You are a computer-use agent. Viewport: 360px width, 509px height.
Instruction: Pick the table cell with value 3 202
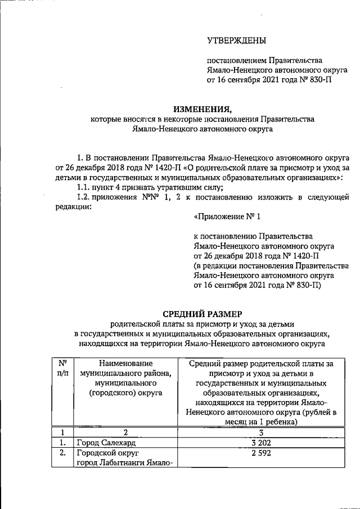(x=260, y=443)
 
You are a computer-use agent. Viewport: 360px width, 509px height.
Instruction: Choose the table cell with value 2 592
(x=260, y=453)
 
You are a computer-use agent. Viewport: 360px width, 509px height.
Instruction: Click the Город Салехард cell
(x=104, y=443)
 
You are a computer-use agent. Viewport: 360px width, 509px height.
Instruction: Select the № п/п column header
(x=63, y=369)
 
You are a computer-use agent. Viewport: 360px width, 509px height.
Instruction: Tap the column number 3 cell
(x=260, y=432)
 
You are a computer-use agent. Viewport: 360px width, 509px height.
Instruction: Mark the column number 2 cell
(x=125, y=432)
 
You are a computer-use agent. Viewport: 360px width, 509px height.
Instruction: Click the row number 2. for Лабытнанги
(x=62, y=453)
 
